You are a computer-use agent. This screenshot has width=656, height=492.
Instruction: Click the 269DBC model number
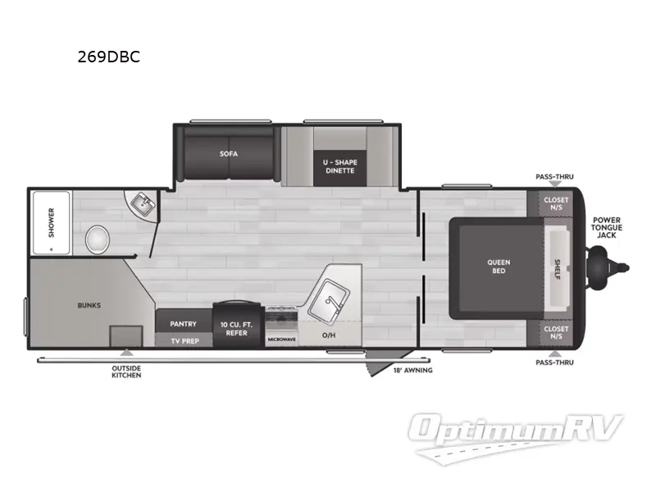pos(109,57)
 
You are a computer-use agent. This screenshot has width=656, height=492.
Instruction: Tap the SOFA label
pos(229,154)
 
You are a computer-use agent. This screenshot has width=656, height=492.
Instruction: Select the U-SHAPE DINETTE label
pos(339,166)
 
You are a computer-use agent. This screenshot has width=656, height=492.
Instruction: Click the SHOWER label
pos(51,222)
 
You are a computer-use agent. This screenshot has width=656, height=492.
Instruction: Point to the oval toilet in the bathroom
pos(98,239)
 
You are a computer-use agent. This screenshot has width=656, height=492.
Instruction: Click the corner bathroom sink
pos(143,204)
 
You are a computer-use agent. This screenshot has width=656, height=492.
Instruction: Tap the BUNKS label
pos(89,305)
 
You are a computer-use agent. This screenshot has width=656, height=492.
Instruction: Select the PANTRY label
pos(183,324)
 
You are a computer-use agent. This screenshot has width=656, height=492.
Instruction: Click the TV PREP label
pos(185,341)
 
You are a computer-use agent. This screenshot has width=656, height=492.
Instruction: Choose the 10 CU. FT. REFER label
pos(236,329)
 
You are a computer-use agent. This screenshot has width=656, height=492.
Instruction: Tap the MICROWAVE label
pos(281,339)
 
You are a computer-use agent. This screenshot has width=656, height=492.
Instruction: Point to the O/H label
pos(329,335)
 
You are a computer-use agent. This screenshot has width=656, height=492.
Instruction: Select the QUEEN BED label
pos(499,266)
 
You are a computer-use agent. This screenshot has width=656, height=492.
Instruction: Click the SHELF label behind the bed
pos(558,270)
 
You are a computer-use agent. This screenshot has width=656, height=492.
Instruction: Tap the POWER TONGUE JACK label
pos(607,228)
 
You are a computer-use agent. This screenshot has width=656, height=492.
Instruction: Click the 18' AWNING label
pos(413,371)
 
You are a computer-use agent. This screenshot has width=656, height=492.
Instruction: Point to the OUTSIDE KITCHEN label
pos(126,372)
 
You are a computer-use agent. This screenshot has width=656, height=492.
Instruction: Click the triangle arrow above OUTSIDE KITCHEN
pos(126,353)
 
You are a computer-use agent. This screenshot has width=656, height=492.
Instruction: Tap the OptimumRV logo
pos(516,437)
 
